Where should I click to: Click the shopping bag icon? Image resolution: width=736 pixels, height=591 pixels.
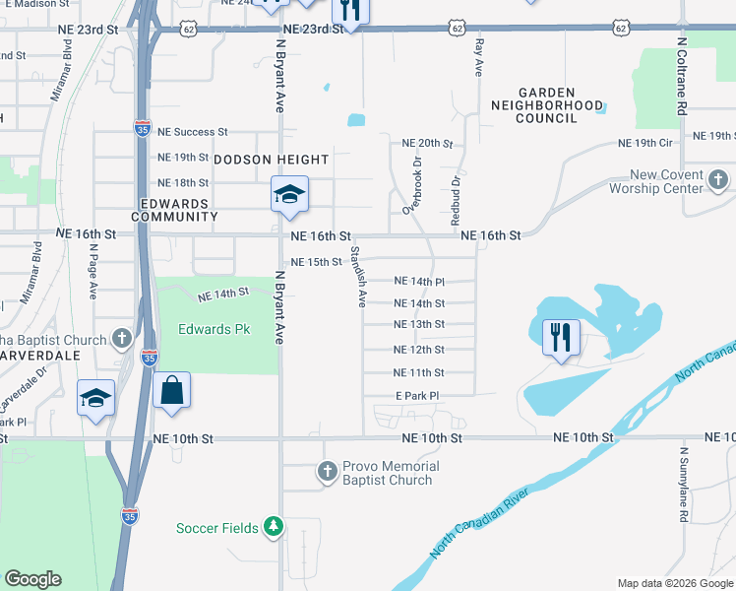pyautogui.click(x=171, y=390)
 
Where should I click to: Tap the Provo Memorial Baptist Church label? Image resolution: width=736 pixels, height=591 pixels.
pyautogui.click(x=389, y=473)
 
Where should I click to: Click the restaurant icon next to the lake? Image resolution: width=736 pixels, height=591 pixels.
pyautogui.click(x=561, y=338)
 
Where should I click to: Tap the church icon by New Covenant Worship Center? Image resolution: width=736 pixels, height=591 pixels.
pyautogui.click(x=718, y=181)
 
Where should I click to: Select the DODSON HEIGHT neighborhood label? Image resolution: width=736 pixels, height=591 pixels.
pyautogui.click(x=257, y=159)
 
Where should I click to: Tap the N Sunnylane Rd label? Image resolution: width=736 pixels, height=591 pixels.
pyautogui.click(x=682, y=482)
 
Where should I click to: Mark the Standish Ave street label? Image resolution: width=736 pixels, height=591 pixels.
pyautogui.click(x=358, y=277)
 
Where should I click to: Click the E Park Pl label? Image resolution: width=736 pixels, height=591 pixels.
pyautogui.click(x=416, y=395)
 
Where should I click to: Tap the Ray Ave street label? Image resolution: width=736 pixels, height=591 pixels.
pyautogui.click(x=480, y=58)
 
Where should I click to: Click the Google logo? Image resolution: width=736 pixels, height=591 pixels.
pyautogui.click(x=32, y=579)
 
